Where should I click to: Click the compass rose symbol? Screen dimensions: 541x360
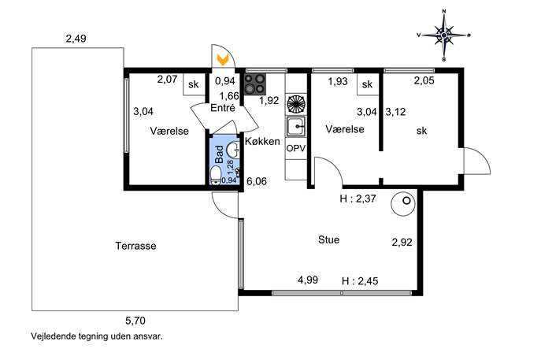coord(444,35)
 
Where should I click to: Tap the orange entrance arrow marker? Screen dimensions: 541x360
coord(223,59)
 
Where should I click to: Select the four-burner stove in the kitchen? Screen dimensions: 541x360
coord(255,84)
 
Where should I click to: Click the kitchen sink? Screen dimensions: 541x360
coord(295,126)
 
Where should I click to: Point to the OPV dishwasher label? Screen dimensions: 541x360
coord(296,148)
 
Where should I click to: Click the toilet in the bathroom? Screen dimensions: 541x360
coord(216,175)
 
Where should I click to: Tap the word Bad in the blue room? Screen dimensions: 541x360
coord(219,154)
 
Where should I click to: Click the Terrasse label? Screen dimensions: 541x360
coord(135,246)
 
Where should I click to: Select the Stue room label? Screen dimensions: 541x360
coord(328,239)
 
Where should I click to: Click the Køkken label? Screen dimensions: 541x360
coord(262,141)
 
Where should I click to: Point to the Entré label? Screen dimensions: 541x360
coord(223,108)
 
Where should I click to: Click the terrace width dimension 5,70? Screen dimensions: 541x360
coord(135,321)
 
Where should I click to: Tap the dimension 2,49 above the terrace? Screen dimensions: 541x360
coord(76,39)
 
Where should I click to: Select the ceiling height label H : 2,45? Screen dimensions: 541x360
coord(360,281)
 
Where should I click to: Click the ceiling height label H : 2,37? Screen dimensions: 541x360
coord(358,199)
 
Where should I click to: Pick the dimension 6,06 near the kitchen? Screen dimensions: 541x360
coord(257,181)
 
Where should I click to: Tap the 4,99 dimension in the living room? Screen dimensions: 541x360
coord(308,280)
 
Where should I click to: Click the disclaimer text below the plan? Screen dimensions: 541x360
coord(97,336)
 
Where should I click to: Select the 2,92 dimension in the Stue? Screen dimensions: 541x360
coord(402,243)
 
